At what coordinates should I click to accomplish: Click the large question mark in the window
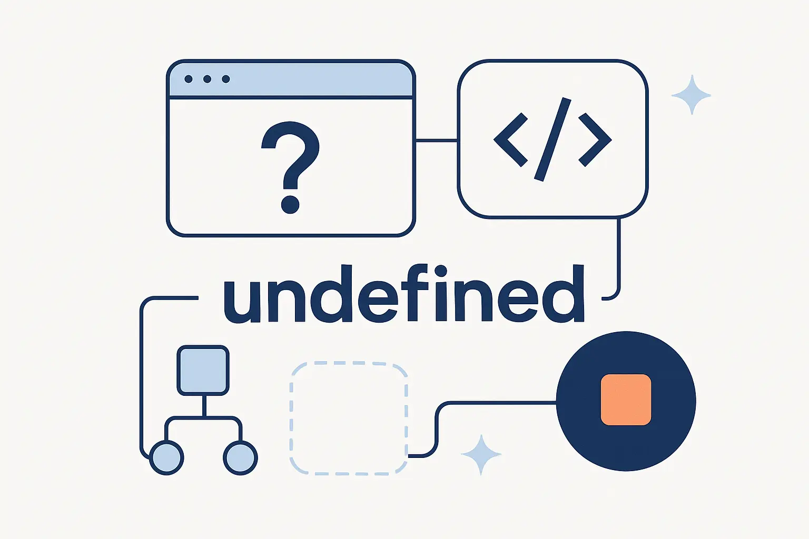(291, 167)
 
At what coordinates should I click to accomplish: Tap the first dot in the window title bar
(188, 79)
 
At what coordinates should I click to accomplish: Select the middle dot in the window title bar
(207, 79)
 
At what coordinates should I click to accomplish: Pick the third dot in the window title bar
(226, 79)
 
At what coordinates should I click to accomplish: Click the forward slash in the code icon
(553, 139)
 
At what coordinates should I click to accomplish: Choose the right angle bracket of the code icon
(595, 139)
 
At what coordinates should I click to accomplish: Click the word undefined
(404, 293)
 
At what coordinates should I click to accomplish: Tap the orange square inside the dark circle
(626, 400)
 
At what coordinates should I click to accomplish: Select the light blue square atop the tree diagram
(203, 371)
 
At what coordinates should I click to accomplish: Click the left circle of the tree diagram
(166, 457)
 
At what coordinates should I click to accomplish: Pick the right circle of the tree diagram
(240, 457)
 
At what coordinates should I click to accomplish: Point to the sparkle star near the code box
(692, 95)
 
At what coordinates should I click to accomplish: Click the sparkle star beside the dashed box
(481, 455)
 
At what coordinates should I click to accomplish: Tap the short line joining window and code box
(437, 140)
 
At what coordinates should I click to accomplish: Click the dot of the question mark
(290, 205)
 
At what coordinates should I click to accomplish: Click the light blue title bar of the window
(291, 79)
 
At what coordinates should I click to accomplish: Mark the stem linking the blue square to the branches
(204, 406)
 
